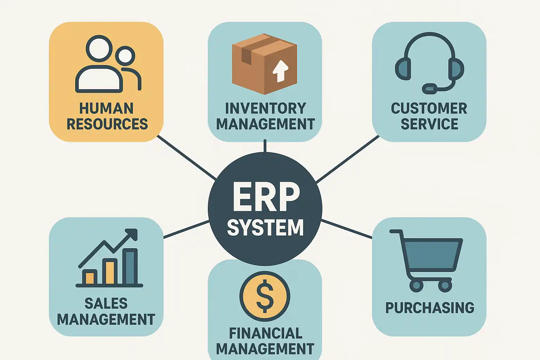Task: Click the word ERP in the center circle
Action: [x=266, y=198]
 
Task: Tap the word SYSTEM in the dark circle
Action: [x=265, y=227]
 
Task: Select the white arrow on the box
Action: [x=281, y=71]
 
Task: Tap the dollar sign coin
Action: [x=265, y=296]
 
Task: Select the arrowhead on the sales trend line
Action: [x=132, y=234]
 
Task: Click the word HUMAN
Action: [x=106, y=108]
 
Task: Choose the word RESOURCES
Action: [x=107, y=124]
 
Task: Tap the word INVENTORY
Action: [x=265, y=108]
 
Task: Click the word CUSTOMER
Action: [x=429, y=108]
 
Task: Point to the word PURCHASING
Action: [x=430, y=308]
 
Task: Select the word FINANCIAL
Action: [x=265, y=333]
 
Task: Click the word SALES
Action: [x=106, y=303]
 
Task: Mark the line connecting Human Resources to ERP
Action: [x=186, y=157]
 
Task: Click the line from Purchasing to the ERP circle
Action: [x=347, y=229]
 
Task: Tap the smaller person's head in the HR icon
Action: [x=125, y=56]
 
